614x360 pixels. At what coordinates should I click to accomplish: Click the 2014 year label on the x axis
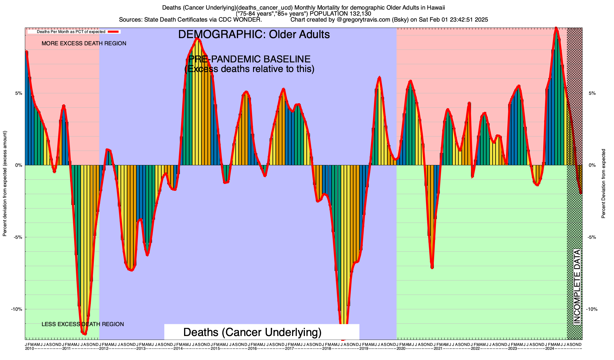178,349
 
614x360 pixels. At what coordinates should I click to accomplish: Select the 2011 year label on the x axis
67,349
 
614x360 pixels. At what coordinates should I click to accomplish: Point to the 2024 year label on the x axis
550,349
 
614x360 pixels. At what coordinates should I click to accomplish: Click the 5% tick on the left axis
19,93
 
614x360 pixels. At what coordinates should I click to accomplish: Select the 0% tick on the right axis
592,165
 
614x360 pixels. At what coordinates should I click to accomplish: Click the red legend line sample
114,31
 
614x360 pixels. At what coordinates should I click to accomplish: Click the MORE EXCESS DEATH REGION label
84,43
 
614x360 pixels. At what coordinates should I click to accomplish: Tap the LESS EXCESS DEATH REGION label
83,324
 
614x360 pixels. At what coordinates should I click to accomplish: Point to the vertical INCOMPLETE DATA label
577,287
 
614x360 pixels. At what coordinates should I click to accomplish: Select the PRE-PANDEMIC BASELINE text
249,59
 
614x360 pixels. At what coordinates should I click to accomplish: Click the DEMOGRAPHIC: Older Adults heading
254,34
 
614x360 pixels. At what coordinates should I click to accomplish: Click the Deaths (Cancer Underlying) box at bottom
252,332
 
